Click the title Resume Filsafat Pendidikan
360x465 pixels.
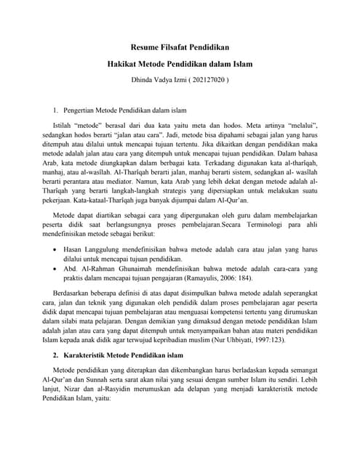(180, 48)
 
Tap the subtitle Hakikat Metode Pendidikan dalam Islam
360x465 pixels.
(180, 64)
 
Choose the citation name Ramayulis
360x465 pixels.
(225, 279)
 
